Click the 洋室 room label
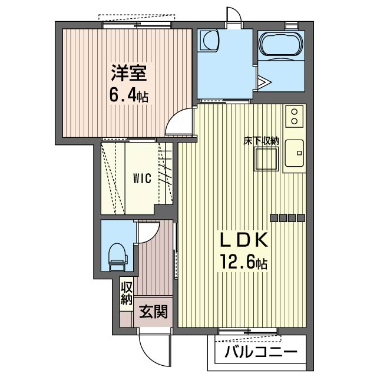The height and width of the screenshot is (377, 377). pyautogui.click(x=128, y=73)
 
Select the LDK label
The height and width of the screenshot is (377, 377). pyautogui.click(x=244, y=240)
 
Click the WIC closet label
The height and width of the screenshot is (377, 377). pyautogui.click(x=143, y=178)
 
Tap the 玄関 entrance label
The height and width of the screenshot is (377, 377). pyautogui.click(x=153, y=312)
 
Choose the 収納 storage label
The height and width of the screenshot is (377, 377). pyautogui.click(x=127, y=293)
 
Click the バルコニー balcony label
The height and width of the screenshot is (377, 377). pyautogui.click(x=261, y=352)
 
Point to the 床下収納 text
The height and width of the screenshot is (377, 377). pyautogui.click(x=261, y=141)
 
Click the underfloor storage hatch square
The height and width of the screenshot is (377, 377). pyautogui.click(x=266, y=159)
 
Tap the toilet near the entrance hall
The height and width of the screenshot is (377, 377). pyautogui.click(x=118, y=257)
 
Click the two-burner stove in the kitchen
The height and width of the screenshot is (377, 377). pyautogui.click(x=295, y=117)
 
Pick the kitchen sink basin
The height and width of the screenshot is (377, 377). pyautogui.click(x=295, y=153)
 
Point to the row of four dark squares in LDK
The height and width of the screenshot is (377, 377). pyautogui.click(x=287, y=218)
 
